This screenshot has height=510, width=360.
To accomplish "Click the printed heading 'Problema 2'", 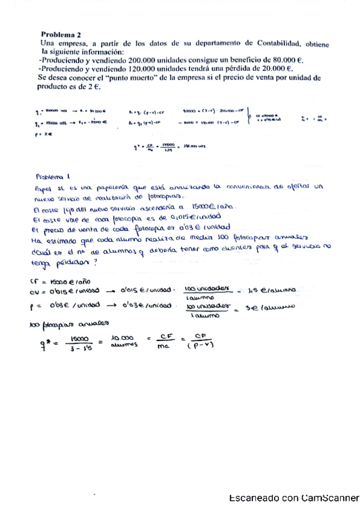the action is [62, 35].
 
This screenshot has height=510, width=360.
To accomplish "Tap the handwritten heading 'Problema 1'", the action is [53, 177].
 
